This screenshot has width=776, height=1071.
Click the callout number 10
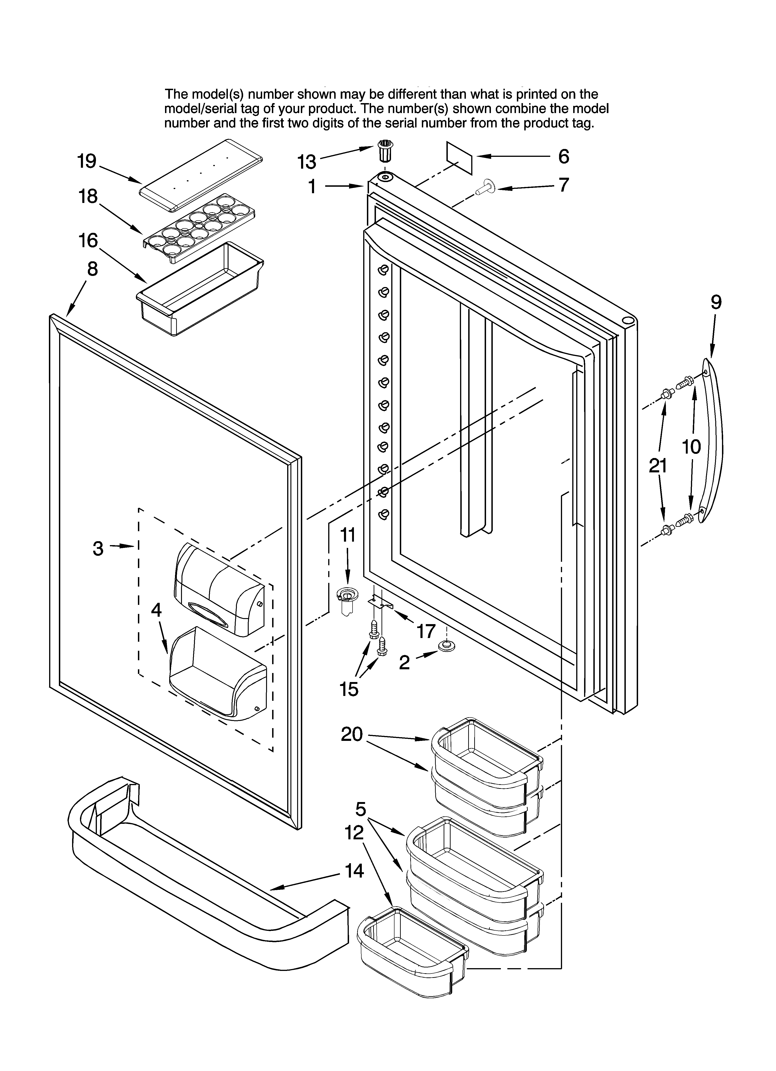691,446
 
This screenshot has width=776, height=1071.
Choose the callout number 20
352,734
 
